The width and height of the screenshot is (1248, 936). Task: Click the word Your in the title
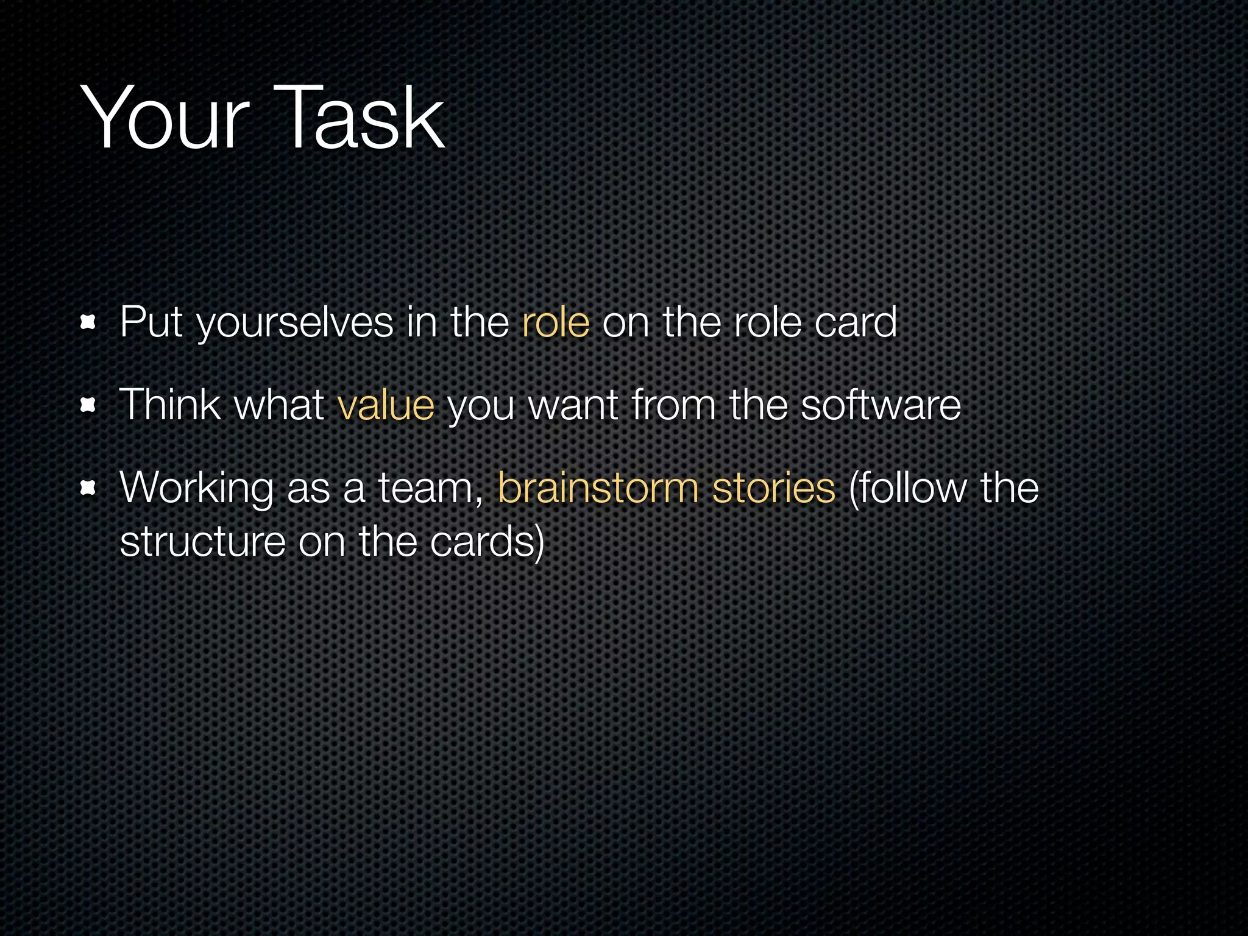165,118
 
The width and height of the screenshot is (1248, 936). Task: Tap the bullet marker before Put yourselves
89,322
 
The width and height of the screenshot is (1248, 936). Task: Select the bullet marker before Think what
89,405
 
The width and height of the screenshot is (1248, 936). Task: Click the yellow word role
556,322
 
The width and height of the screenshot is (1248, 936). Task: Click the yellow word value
386,405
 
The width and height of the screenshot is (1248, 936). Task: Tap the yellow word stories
773,489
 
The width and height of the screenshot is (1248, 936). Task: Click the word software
881,405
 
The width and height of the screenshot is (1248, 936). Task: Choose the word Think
170,405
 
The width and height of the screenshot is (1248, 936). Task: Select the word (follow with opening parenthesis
907,489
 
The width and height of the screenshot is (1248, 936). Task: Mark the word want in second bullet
573,406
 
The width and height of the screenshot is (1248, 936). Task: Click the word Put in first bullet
151,322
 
